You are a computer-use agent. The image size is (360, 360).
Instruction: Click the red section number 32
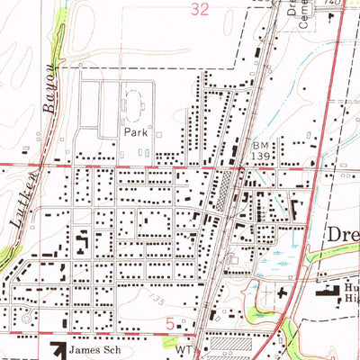200,7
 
